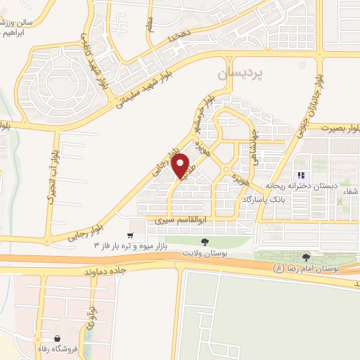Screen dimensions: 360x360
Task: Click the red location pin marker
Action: coord(181,165)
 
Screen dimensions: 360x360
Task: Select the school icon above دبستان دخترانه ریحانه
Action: coord(300,175)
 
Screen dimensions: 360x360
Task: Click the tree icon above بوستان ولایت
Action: coord(205,241)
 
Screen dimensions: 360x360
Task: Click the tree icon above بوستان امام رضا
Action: coord(306,258)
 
